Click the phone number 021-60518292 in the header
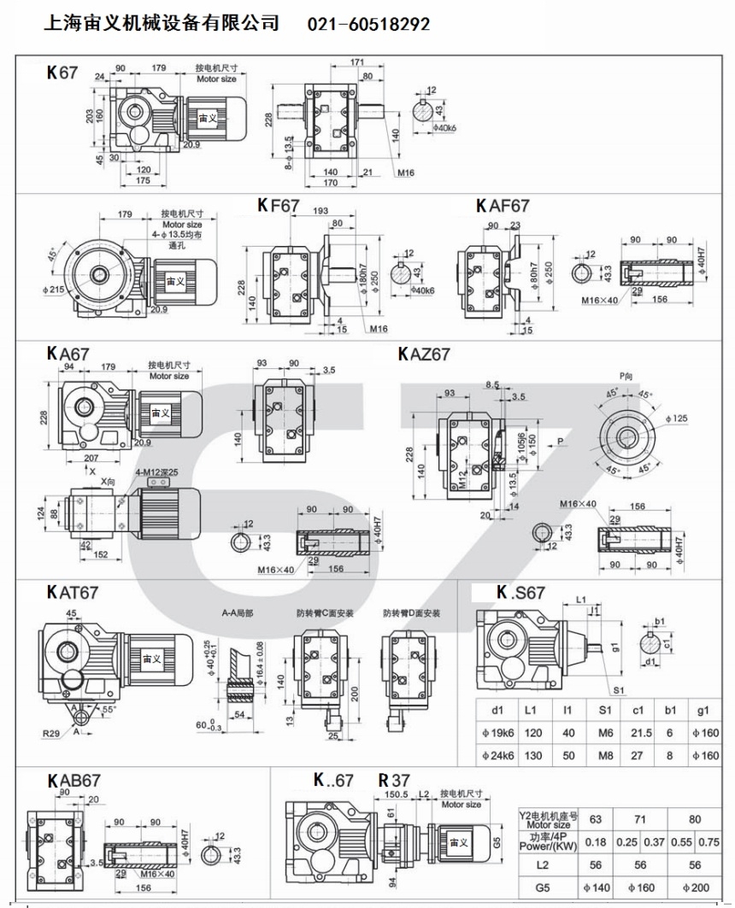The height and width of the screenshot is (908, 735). [368, 25]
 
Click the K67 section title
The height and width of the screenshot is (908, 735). [62, 73]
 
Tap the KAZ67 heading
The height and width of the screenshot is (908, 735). [424, 354]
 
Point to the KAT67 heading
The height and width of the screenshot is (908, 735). [73, 591]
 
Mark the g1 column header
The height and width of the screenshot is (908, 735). [703, 710]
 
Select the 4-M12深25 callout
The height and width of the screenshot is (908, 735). [156, 472]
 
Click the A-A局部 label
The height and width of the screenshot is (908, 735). [237, 612]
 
